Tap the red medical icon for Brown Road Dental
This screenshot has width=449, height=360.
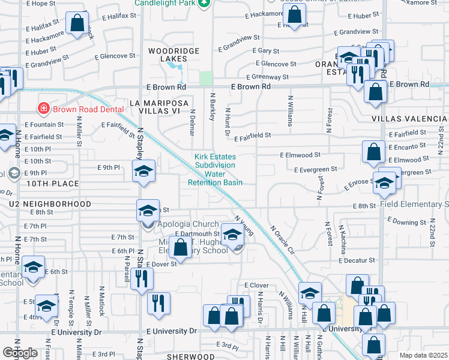point(43,109)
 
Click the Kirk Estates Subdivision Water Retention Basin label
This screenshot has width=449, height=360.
point(215,170)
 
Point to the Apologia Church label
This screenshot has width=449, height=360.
point(181,223)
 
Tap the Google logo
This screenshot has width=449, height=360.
point(20,353)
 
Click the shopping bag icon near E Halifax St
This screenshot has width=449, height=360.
point(77,24)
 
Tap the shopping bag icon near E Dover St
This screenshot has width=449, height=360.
point(180,246)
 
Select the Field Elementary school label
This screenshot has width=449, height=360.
point(415,205)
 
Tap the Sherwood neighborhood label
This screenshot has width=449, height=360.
point(190,356)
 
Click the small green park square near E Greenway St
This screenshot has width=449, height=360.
point(206,79)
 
